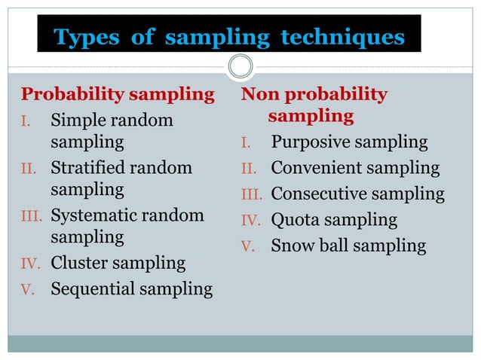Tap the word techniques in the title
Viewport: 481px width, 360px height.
click(342, 38)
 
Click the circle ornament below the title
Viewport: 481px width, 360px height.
click(240, 66)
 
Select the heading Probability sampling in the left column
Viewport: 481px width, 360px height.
click(118, 95)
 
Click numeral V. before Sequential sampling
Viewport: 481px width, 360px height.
click(29, 290)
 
